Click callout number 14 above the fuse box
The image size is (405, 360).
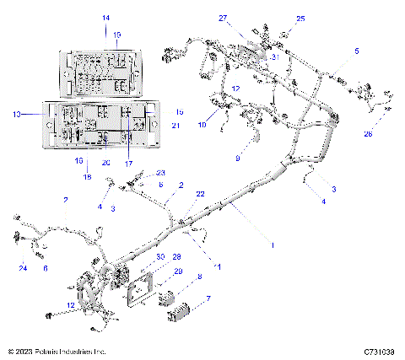coord(105,18)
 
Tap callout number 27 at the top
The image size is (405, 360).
coord(247,18)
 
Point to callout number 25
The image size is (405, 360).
coord(300,19)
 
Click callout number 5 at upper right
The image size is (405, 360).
coord(355,51)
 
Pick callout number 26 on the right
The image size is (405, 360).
coord(367,133)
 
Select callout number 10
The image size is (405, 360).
coord(202,125)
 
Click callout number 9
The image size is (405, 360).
coord(237,158)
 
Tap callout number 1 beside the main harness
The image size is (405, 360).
coord(272,244)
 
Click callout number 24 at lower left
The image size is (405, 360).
coord(22,268)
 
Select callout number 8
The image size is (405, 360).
coord(199,277)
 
